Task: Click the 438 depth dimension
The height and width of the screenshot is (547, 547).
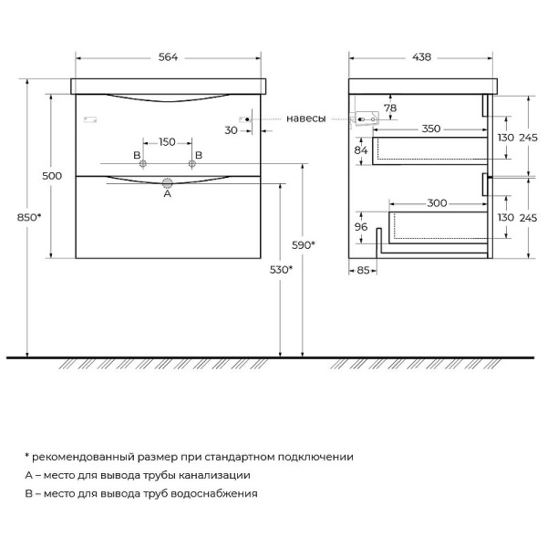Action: click(x=419, y=57)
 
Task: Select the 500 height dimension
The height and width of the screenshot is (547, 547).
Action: click(x=53, y=175)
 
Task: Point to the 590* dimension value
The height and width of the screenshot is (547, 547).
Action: click(x=304, y=244)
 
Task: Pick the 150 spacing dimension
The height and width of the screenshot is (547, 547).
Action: click(x=167, y=141)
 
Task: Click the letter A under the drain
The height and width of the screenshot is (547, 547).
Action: click(x=167, y=193)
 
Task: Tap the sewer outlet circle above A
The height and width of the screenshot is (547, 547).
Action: click(x=167, y=181)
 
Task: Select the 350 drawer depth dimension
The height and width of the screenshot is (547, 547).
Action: click(x=432, y=129)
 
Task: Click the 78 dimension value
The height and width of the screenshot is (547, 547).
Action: click(x=390, y=108)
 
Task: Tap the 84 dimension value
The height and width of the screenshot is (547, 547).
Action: click(x=361, y=150)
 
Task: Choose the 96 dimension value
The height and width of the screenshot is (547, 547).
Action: click(x=361, y=227)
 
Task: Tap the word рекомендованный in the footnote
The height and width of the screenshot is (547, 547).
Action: click(x=80, y=457)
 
